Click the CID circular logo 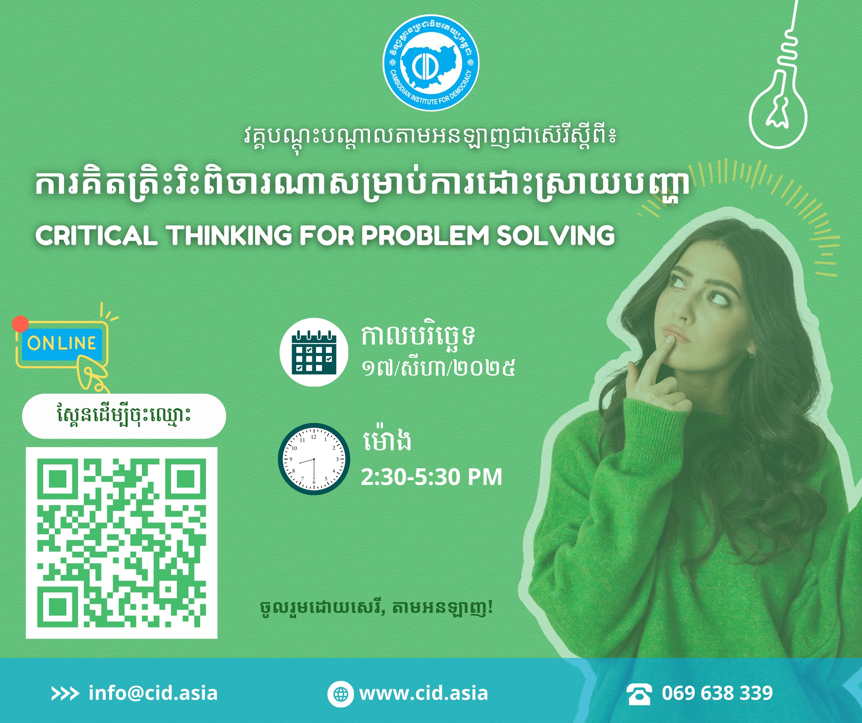click(431, 63)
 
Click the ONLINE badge click(62, 343)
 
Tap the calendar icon click(314, 352)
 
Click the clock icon click(314, 459)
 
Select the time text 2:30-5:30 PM click(431, 477)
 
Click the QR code click(122, 543)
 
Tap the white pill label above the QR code click(124, 416)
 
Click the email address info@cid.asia click(153, 693)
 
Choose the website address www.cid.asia click(423, 693)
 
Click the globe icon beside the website click(340, 694)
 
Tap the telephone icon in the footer click(639, 694)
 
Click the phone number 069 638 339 click(717, 693)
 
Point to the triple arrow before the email click(65, 694)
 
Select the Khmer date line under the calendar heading click(438, 368)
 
